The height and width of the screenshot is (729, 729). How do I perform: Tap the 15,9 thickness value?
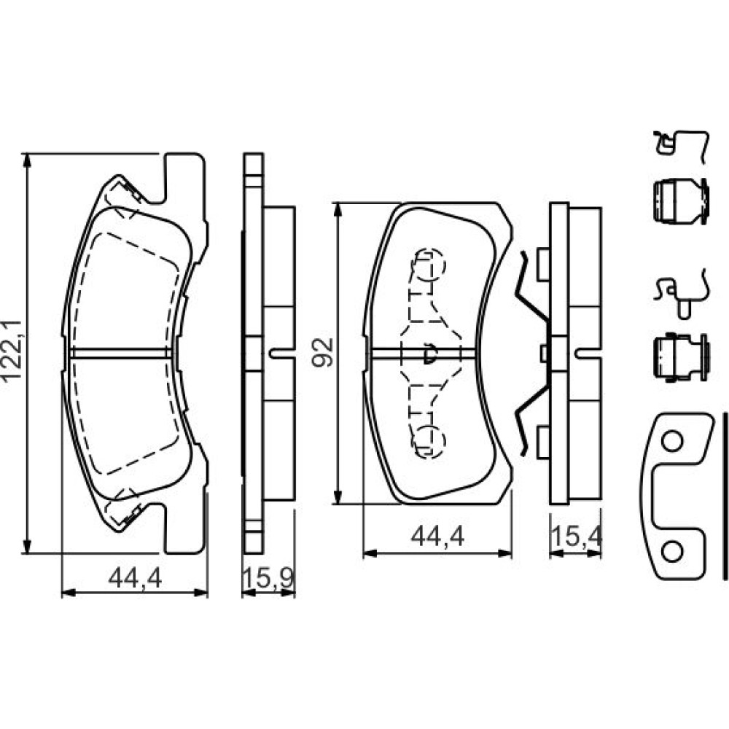point(268,578)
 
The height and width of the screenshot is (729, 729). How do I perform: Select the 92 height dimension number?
point(323,352)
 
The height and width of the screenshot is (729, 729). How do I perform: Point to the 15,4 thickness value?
point(577,537)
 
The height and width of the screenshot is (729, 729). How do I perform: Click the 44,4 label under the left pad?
point(135,578)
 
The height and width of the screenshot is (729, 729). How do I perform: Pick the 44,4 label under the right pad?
point(437,537)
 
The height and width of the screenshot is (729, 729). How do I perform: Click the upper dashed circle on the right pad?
point(430,264)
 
